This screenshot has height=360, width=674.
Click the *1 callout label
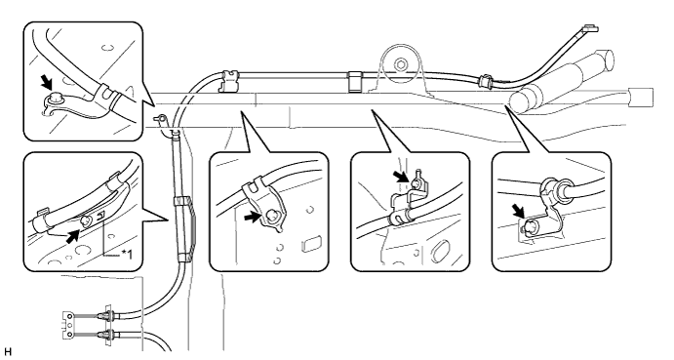click(x=127, y=255)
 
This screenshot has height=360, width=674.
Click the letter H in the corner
click(x=7, y=353)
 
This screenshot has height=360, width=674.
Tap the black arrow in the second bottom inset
click(x=253, y=218)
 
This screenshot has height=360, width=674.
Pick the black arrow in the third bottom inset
click(x=401, y=177)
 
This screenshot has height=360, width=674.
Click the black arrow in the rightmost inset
click(x=519, y=211)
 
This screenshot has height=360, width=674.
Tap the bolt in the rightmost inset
click(x=529, y=226)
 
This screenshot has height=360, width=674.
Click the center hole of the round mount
click(x=401, y=65)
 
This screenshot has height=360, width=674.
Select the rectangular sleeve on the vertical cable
click(x=185, y=229)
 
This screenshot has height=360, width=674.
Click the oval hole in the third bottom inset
click(x=439, y=251)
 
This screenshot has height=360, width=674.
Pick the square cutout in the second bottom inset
click(x=311, y=243)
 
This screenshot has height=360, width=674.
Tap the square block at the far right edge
click(x=641, y=98)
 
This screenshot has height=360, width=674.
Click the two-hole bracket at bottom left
click(x=69, y=326)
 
